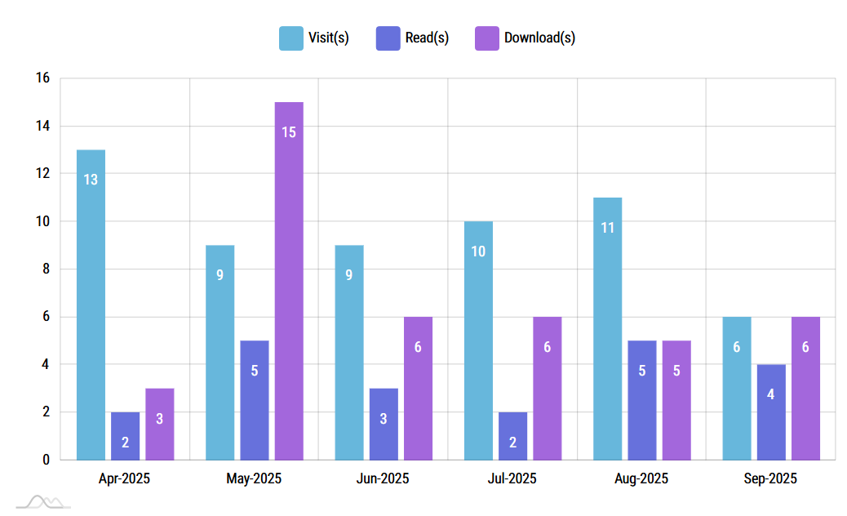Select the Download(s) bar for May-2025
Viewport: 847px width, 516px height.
click(x=289, y=281)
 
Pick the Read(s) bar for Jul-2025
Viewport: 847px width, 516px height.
click(x=512, y=436)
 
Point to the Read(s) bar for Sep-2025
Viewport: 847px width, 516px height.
click(x=771, y=412)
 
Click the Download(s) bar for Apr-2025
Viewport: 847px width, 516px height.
click(x=160, y=424)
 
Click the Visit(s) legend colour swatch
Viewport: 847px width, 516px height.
click(x=290, y=38)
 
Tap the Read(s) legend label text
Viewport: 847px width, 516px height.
click(x=427, y=38)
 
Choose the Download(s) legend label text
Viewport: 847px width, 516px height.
click(x=539, y=38)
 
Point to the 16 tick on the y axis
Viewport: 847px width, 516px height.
click(x=42, y=78)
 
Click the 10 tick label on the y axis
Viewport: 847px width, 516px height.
click(x=42, y=221)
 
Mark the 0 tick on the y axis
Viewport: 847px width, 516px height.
click(x=46, y=460)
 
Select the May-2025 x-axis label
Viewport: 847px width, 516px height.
click(x=254, y=478)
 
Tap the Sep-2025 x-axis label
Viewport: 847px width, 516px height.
click(x=770, y=478)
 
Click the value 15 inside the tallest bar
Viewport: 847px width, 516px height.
click(x=289, y=131)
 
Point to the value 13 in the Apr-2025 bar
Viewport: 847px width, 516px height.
click(x=91, y=180)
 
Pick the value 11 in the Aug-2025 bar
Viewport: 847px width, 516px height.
click(x=607, y=227)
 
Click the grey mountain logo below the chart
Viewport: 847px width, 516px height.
click(x=42, y=500)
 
